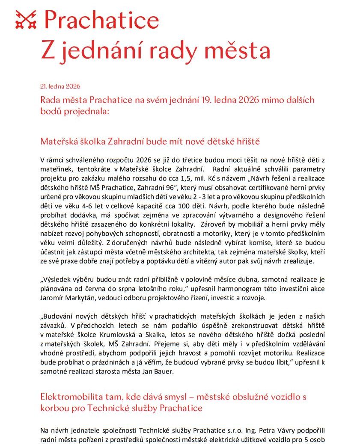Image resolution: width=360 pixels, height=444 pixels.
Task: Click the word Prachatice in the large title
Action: point(101,20)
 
